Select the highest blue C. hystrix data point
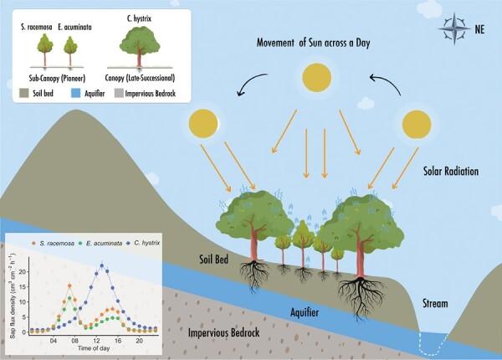103,265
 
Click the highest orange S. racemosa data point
70,286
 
